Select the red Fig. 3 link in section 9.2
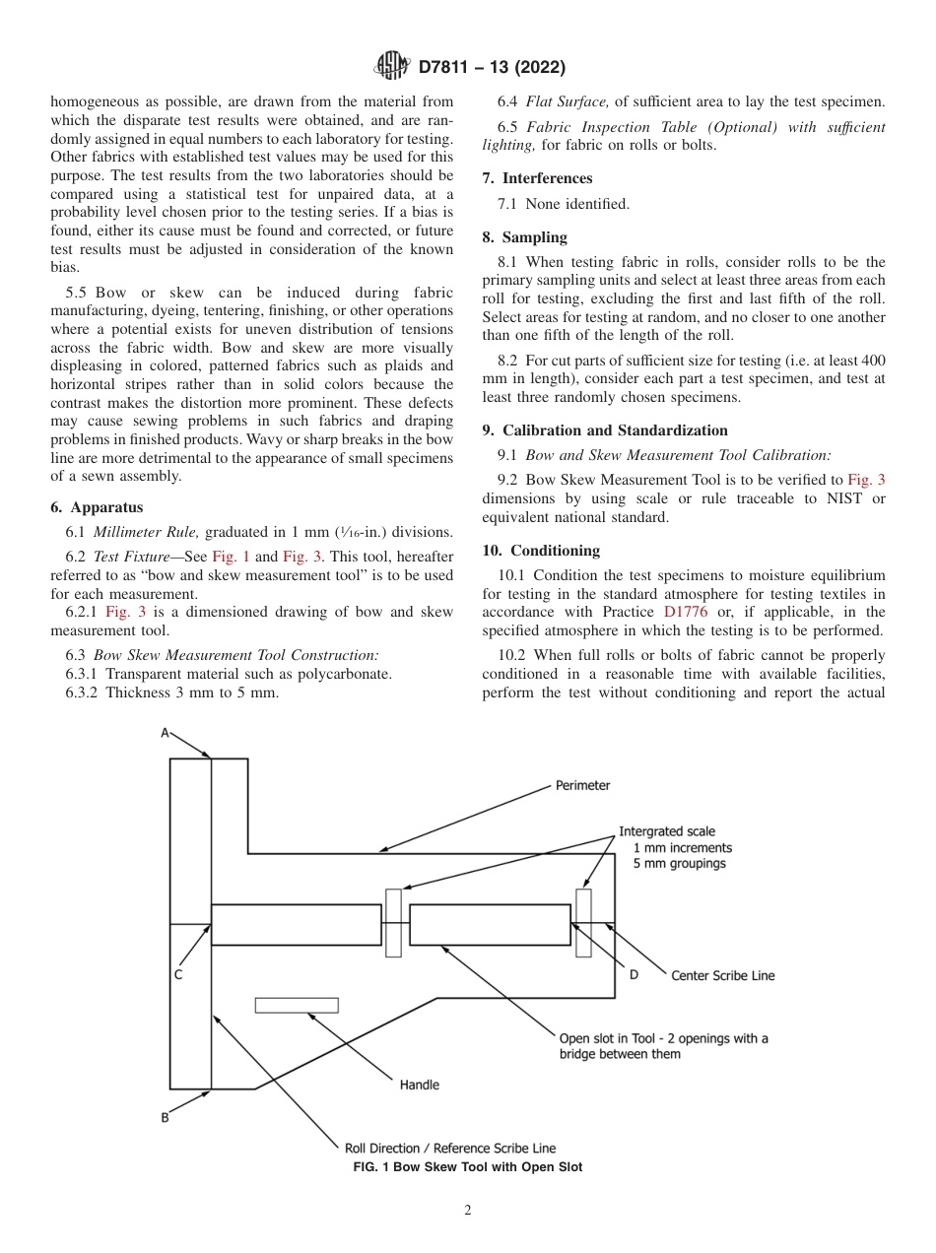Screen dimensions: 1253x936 866,480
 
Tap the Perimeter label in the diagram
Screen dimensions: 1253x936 582,785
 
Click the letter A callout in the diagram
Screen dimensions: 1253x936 166,733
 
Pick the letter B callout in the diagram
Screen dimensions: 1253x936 166,1117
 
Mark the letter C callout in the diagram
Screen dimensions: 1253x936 178,975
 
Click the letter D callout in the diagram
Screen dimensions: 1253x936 634,975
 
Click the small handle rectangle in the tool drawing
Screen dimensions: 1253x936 297,1005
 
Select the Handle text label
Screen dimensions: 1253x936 420,1085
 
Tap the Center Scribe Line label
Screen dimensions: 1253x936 722,975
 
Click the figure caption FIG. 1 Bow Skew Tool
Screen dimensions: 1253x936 467,1167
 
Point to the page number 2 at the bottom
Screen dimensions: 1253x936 468,1211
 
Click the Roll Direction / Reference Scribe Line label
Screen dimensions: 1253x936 449,1148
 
